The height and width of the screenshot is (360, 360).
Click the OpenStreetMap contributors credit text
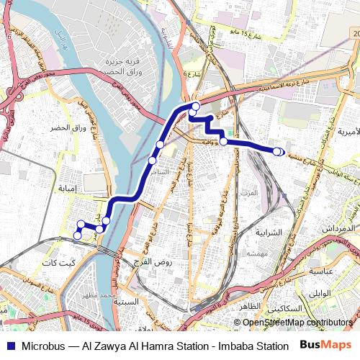pos(297,322)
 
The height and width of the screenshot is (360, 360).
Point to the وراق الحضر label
pos(68,127)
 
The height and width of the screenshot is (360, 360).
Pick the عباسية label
pos(325,271)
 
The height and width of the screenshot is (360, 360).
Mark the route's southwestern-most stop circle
pos(78,235)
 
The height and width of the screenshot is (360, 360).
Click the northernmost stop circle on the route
pos(195,107)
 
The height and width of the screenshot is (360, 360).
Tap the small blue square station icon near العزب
pos(284,195)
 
